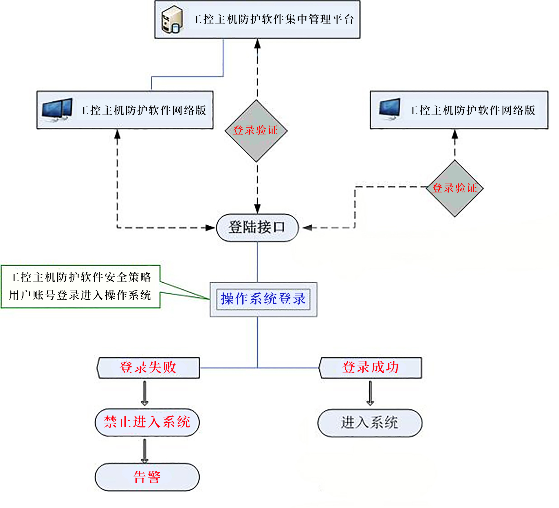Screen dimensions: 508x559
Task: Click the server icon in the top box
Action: point(172,20)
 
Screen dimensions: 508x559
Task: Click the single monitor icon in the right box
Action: point(390,109)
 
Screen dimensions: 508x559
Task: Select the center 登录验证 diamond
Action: point(256,131)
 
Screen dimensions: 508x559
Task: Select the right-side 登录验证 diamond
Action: point(454,188)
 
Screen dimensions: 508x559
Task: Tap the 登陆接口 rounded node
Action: point(257,228)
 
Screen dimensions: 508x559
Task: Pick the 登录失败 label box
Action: point(148,368)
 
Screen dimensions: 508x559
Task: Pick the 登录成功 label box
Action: point(371,367)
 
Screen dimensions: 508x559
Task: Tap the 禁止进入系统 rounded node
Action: point(147,422)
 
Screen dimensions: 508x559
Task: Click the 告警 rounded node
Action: point(147,477)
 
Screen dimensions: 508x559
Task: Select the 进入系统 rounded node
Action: point(370,423)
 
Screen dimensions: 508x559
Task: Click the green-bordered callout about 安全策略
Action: point(80,286)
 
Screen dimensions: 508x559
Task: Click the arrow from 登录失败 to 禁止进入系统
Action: point(145,393)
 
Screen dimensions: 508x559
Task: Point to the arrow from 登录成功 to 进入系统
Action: point(370,393)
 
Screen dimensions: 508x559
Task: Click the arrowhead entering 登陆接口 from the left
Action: point(210,228)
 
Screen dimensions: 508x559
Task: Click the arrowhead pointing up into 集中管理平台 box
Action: point(257,44)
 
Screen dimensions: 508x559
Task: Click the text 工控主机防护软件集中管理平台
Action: point(273,20)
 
